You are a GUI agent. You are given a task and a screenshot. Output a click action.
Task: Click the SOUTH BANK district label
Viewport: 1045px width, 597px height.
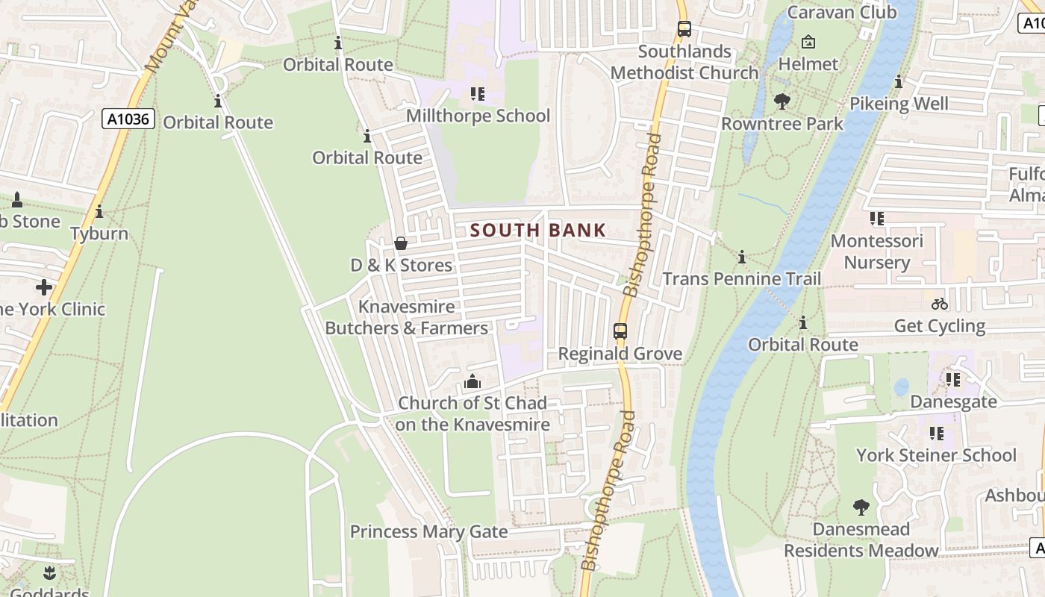coord(538,230)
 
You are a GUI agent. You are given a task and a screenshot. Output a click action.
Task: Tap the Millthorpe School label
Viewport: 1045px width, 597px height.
coord(478,116)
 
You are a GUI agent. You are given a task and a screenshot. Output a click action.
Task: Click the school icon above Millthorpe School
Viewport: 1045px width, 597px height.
coord(478,94)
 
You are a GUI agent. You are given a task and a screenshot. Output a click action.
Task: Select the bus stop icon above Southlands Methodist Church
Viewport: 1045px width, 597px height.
coord(684,30)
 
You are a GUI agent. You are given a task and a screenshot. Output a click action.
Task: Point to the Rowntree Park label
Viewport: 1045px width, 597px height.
coord(782,123)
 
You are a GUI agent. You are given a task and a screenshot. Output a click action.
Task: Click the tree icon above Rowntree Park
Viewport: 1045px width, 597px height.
coord(782,100)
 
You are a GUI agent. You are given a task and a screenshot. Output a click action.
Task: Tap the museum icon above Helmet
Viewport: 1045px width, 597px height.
coord(808,43)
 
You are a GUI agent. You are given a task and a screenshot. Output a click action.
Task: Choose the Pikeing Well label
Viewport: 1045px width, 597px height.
coord(899,104)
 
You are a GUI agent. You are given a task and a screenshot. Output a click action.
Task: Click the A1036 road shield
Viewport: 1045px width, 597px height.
coord(128,119)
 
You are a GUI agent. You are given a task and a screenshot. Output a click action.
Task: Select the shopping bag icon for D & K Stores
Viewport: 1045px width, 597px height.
coord(401,243)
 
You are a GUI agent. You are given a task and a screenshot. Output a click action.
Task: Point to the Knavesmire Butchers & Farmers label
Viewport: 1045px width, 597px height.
coord(407,317)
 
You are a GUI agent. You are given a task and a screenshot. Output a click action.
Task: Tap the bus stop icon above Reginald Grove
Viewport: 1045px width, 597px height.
coord(620,331)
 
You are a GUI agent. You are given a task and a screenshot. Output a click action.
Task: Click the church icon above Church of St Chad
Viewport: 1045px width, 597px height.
coord(472,381)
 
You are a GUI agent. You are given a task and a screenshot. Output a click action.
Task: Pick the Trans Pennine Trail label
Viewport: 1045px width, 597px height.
coord(742,279)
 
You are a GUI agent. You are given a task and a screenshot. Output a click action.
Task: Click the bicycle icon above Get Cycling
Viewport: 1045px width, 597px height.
coord(939,304)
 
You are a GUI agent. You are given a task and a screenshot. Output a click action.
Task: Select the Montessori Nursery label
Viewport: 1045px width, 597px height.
coord(876,251)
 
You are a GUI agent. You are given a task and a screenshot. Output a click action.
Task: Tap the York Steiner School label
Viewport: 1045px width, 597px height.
coord(936,455)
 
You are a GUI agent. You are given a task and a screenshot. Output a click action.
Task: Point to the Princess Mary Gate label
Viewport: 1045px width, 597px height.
coord(428,532)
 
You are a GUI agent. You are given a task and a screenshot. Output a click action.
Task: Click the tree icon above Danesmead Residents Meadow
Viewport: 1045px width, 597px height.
coord(861,507)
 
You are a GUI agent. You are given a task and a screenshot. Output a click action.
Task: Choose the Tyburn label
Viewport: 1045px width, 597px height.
coord(99,234)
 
